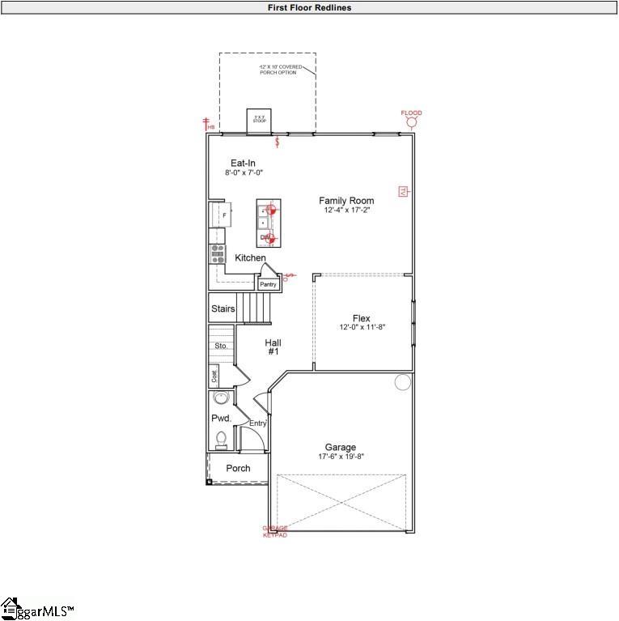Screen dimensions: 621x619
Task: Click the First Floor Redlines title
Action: [x=310, y=7]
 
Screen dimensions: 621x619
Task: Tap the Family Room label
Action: [x=346, y=201]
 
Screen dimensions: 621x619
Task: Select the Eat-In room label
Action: [x=243, y=164]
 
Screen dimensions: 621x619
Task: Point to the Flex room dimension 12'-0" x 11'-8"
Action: [x=362, y=327]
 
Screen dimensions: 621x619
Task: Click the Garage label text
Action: [x=341, y=447]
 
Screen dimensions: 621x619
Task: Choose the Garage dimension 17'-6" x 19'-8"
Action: [x=341, y=457]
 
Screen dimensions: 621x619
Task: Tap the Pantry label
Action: [x=268, y=284]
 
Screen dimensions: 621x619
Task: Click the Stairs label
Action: [x=223, y=309]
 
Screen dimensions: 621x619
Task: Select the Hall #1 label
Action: [x=273, y=347]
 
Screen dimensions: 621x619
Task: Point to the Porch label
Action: [x=238, y=468]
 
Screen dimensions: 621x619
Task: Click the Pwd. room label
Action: [x=222, y=419]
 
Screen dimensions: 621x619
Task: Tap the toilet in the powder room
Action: [x=221, y=439]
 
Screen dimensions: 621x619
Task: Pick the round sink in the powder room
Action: [x=221, y=398]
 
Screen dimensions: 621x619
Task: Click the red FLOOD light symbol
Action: [x=411, y=122]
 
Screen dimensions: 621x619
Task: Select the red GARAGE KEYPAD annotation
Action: [x=275, y=531]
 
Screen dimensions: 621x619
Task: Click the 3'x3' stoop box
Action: [x=259, y=119]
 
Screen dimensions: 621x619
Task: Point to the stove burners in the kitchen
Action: [x=218, y=253]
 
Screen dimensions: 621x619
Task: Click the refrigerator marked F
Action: [x=221, y=215]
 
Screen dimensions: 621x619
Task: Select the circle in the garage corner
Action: [x=402, y=382]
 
